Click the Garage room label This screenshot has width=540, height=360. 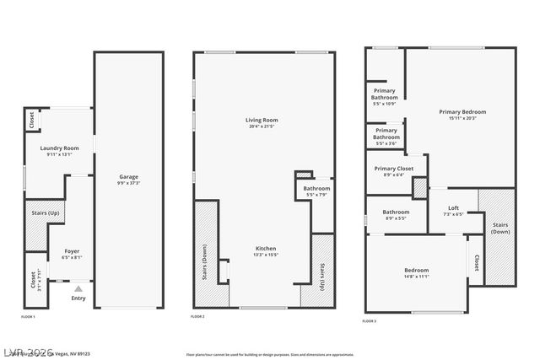(x=128, y=177)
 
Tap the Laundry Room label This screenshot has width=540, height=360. (x=58, y=148)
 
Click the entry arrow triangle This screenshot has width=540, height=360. (x=78, y=289)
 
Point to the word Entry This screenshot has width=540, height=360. (x=78, y=298)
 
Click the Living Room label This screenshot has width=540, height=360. (x=262, y=120)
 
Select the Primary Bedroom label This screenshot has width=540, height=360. (x=462, y=112)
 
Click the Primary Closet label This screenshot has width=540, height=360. (x=394, y=169)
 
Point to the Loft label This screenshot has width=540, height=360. (x=453, y=208)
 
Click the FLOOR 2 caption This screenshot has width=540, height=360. (x=197, y=315)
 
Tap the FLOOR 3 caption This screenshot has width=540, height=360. (x=370, y=320)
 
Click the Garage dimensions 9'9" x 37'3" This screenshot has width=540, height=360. (x=128, y=183)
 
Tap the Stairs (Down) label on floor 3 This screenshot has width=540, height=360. (x=500, y=228)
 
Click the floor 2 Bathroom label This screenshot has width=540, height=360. (x=316, y=188)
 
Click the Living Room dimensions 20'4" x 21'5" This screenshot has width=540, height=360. (x=262, y=126)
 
